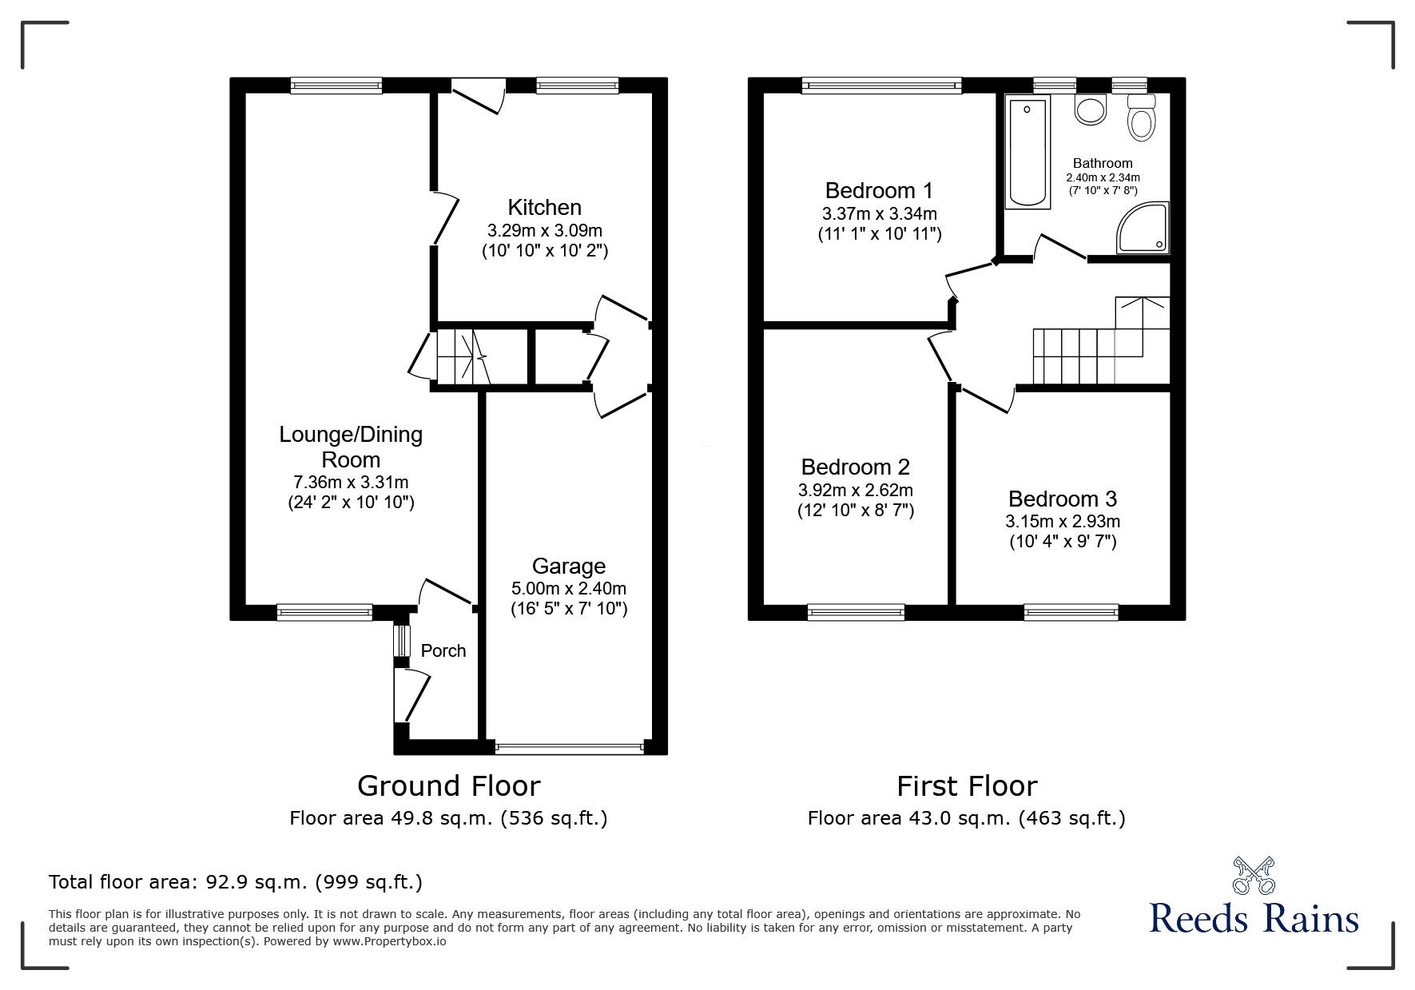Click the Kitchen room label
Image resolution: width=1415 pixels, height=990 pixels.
tap(544, 208)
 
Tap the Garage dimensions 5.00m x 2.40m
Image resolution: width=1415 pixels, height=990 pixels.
tap(568, 589)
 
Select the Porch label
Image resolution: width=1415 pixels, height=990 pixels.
tap(443, 650)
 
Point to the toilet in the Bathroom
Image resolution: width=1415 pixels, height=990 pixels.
tap(1142, 121)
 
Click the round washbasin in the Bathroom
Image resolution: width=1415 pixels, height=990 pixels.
tap(1090, 110)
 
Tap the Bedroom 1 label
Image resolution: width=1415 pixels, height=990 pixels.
tap(879, 191)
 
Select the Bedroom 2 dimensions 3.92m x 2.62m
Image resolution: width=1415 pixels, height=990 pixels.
tap(855, 490)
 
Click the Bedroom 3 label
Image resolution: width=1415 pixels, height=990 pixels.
tap(1062, 499)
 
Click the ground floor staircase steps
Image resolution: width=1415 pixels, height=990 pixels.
tap(463, 357)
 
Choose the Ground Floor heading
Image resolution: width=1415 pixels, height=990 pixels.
tap(448, 786)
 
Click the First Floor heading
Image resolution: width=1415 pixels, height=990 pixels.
tap(966, 786)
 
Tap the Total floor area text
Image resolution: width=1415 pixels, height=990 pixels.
tap(236, 882)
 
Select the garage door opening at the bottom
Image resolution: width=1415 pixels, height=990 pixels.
tap(568, 748)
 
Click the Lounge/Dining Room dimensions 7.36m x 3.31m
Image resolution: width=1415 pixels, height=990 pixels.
tap(351, 482)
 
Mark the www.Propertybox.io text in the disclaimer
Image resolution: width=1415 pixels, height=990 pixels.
tap(390, 941)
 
